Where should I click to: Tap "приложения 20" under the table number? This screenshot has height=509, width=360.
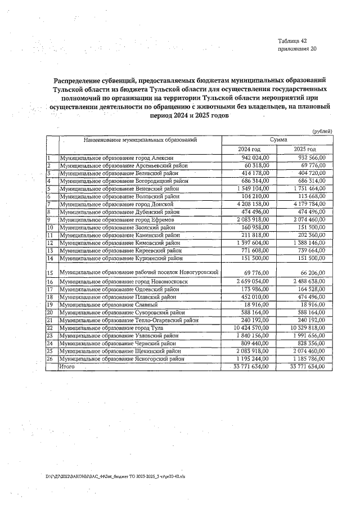coord(298,49)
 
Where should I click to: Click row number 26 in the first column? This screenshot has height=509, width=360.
coord(49,358)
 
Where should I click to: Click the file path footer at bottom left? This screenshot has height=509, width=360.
coord(107,476)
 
